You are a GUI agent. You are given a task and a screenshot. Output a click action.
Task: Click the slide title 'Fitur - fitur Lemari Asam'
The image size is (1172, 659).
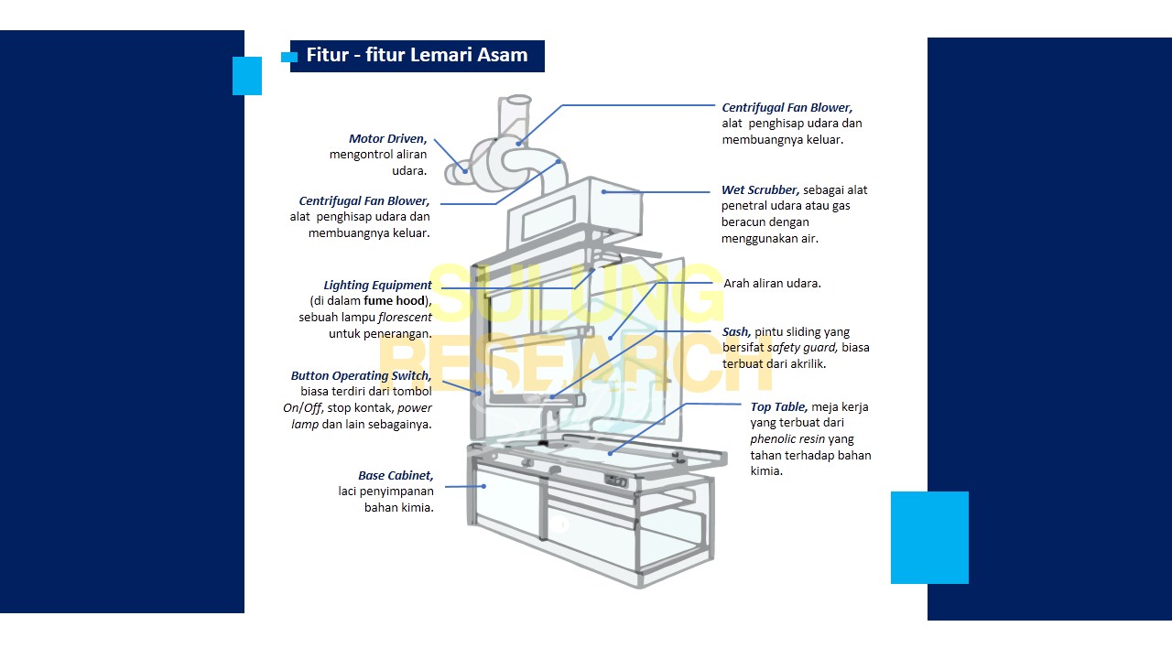(417, 55)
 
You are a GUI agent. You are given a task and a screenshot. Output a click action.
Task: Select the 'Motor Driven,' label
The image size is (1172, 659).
(387, 139)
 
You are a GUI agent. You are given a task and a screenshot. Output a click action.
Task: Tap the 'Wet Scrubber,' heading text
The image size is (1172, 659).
(760, 190)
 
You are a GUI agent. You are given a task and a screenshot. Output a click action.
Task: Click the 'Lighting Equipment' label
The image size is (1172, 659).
(377, 286)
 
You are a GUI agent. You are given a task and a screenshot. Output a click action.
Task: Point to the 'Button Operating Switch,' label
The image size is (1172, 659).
(361, 376)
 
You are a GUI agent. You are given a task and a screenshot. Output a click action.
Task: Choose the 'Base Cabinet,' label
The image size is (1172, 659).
(396, 476)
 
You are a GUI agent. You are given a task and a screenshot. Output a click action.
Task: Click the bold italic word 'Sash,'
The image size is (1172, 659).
(736, 332)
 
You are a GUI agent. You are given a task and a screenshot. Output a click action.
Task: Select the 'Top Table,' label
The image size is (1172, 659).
(778, 407)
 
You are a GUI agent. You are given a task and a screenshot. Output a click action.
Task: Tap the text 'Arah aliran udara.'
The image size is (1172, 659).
(772, 284)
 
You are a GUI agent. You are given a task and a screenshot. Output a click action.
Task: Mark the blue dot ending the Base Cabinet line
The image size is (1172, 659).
(484, 486)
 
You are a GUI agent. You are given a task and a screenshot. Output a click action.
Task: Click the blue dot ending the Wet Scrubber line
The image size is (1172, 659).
(603, 192)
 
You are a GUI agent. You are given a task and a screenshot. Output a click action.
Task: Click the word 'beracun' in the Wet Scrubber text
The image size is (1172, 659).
(746, 222)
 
